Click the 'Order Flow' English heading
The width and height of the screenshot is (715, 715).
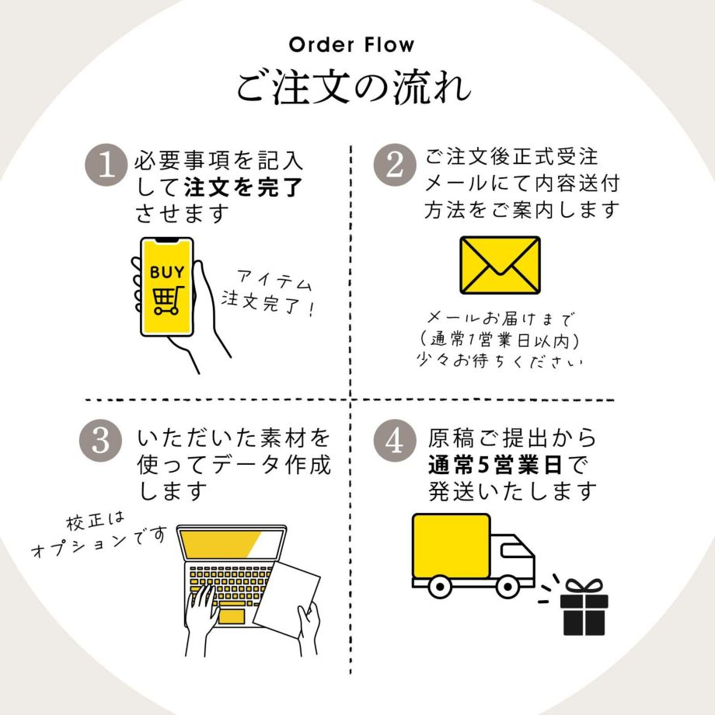pyautogui.click(x=351, y=44)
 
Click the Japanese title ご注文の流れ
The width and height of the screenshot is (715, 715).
pyautogui.click(x=354, y=87)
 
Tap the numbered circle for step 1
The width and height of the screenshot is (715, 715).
pyautogui.click(x=106, y=165)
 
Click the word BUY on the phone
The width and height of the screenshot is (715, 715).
pyautogui.click(x=166, y=272)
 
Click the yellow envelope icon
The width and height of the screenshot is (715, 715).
pyautogui.click(x=500, y=265)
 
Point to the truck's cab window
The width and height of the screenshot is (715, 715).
pyautogui.click(x=514, y=553)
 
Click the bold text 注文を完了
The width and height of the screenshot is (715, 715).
pyautogui.click(x=242, y=187)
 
